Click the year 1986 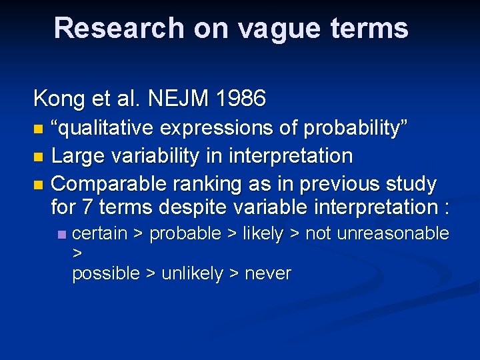pyautogui.click(x=241, y=99)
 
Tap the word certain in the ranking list pyautogui.click(x=99, y=234)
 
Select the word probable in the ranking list pyautogui.click(x=185, y=234)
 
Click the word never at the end pyautogui.click(x=268, y=274)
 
